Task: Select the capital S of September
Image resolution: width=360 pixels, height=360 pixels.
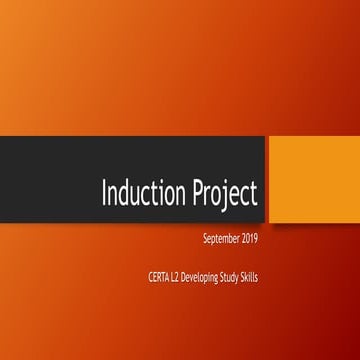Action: point(203,241)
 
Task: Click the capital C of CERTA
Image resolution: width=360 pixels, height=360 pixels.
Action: point(148,277)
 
